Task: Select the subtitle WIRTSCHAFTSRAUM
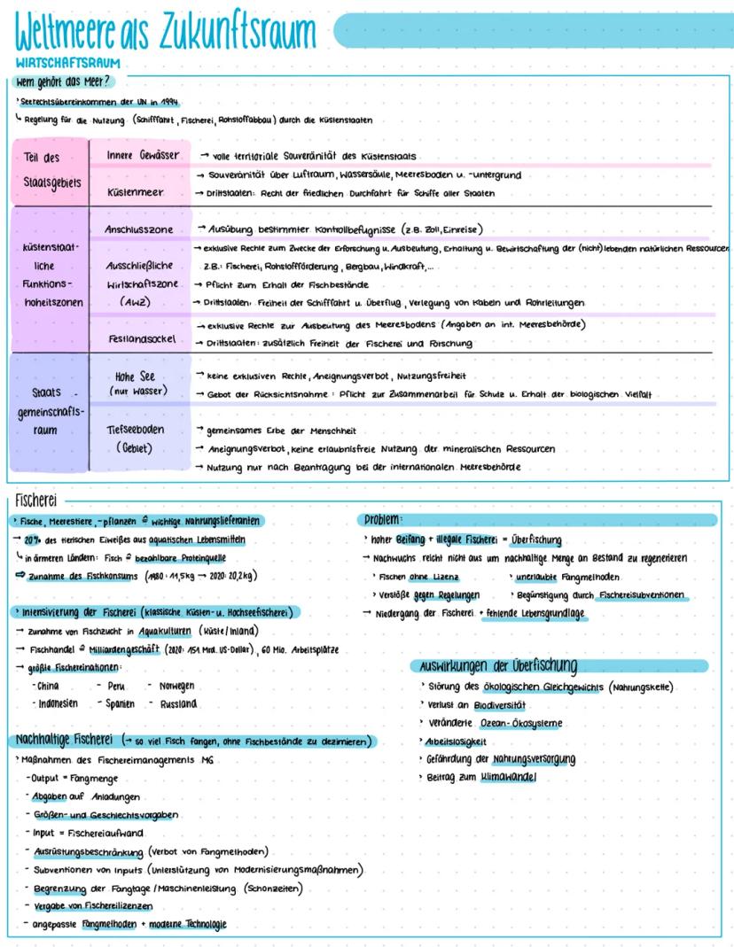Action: tap(67, 64)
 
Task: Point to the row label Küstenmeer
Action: tap(133, 191)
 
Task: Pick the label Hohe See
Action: tap(136, 376)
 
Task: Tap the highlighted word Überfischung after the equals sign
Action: tap(536, 540)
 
